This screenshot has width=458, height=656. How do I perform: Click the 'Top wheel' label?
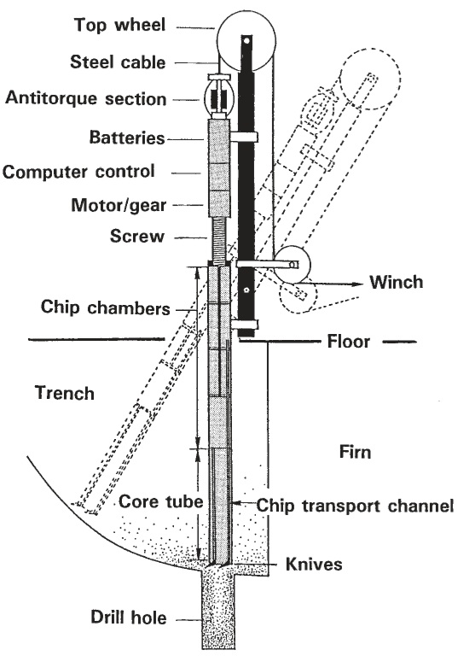point(120,25)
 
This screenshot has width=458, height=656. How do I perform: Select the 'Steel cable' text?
point(118,61)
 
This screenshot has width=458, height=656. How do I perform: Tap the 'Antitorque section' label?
point(85,98)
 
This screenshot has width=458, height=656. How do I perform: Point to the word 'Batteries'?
point(127,138)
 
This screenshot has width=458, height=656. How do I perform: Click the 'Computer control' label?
point(78,172)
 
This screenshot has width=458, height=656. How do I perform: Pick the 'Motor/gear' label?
point(119,205)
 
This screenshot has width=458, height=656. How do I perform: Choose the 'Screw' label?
point(137,236)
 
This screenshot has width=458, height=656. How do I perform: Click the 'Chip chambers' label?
point(105,307)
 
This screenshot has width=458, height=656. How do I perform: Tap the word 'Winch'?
point(396,282)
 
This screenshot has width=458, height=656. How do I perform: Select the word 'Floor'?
point(349,342)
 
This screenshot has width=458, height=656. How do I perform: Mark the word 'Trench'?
point(65,393)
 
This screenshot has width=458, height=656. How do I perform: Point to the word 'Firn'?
point(355,452)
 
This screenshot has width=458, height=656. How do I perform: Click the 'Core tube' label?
point(161,501)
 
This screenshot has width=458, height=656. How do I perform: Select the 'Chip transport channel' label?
point(355,506)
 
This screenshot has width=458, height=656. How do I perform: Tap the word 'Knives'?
point(314,564)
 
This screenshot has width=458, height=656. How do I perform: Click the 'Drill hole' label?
point(129,618)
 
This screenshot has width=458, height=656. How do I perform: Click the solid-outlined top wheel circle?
point(217,42)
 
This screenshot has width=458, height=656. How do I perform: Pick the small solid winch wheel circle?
point(310,265)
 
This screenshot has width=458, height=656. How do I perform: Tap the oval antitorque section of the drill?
point(205,100)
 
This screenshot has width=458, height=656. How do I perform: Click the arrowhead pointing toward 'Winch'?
point(356,284)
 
